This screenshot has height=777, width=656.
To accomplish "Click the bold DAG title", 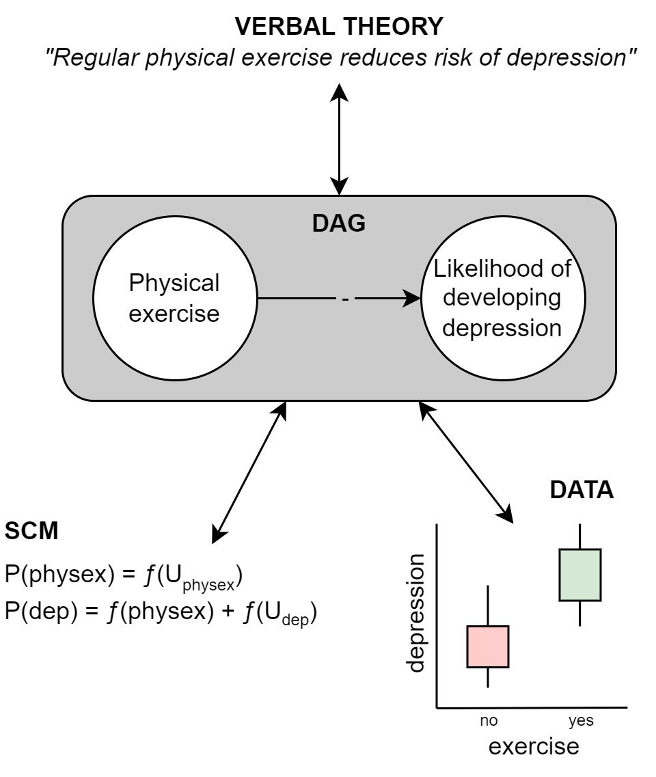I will click(x=339, y=223).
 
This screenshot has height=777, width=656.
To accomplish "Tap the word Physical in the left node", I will click(x=174, y=283).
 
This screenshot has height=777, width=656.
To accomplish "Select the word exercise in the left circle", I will click(x=174, y=313).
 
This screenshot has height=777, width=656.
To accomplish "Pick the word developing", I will click(x=502, y=298).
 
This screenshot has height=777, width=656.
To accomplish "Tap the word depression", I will click(x=502, y=327).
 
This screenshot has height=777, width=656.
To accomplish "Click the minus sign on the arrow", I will click(x=345, y=299).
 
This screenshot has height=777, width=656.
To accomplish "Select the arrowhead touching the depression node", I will click(x=412, y=299).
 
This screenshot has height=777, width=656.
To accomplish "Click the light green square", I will click(x=580, y=575).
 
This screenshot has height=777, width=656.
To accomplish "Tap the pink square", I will click(x=488, y=646).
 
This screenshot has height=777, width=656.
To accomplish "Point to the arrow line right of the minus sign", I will click(x=379, y=299).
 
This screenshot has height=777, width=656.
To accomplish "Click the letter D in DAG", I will click(x=320, y=223).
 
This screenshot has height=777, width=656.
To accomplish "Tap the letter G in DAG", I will click(x=357, y=223).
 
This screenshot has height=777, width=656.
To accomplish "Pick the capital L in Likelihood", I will click(x=439, y=269).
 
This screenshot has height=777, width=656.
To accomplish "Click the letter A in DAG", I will click(x=338, y=223).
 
